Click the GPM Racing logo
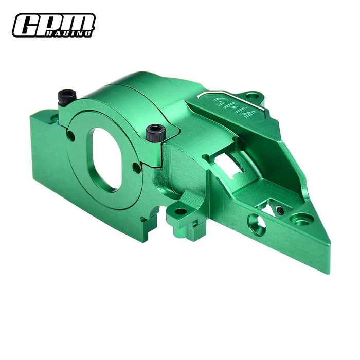coord(53,25)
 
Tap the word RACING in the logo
coord(77,33)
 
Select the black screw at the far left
coord(67,95)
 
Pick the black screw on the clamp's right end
coord(155,133)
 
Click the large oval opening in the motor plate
coord(106,158)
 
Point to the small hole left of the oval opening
coord(71,136)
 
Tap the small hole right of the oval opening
coord(136,168)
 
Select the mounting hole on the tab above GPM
coord(250,96)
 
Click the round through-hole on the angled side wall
coord(258,222)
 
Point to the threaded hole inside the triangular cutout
coord(279,209)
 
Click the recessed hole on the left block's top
coord(54,118)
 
